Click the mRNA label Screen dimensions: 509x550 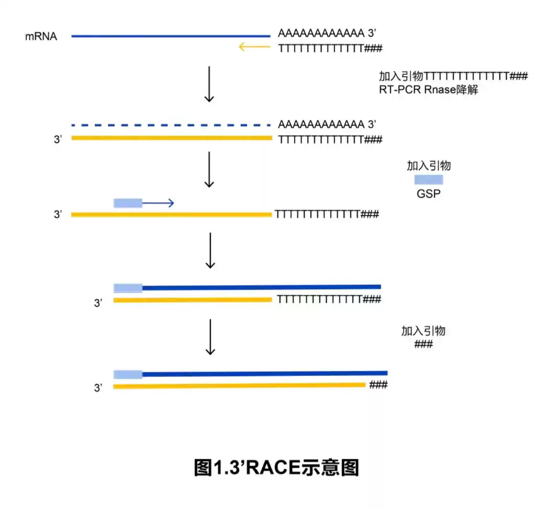coord(41,37)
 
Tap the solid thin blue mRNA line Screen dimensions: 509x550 coord(171,36)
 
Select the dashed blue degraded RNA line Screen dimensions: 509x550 coord(171,125)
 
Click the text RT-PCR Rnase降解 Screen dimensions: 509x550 coord(429,89)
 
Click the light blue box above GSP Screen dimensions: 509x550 coord(429,180)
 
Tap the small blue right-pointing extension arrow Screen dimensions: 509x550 coord(158,203)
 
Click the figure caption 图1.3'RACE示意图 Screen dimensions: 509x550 coord(276,468)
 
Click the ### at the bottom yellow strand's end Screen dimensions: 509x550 coord(378,385)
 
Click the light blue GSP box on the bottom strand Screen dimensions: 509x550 coord(128,374)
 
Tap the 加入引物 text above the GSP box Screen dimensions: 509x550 coord(429,167)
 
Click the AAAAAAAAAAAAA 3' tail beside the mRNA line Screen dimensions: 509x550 coord(327,35)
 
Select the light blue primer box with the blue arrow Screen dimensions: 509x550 coord(128,203)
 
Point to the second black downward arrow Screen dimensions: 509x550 coord(209,169)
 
